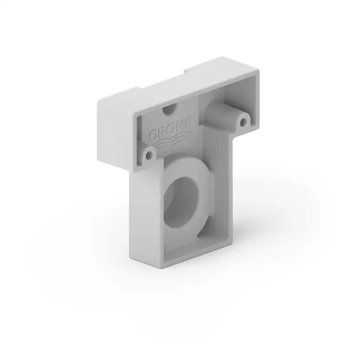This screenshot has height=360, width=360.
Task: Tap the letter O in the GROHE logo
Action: point(170,130)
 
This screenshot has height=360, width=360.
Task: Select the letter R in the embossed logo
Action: point(162,133)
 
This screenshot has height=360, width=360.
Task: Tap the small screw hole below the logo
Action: point(149,155)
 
